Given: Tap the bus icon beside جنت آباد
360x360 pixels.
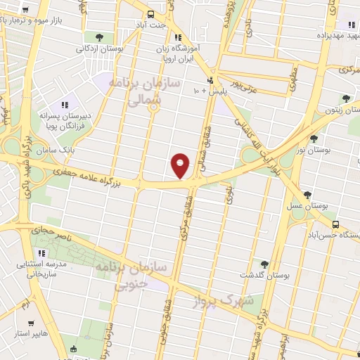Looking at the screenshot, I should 150,15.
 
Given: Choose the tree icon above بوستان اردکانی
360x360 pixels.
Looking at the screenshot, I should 98,37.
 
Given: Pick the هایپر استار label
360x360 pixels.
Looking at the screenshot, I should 30,333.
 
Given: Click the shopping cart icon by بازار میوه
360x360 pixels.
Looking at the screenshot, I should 25,11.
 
